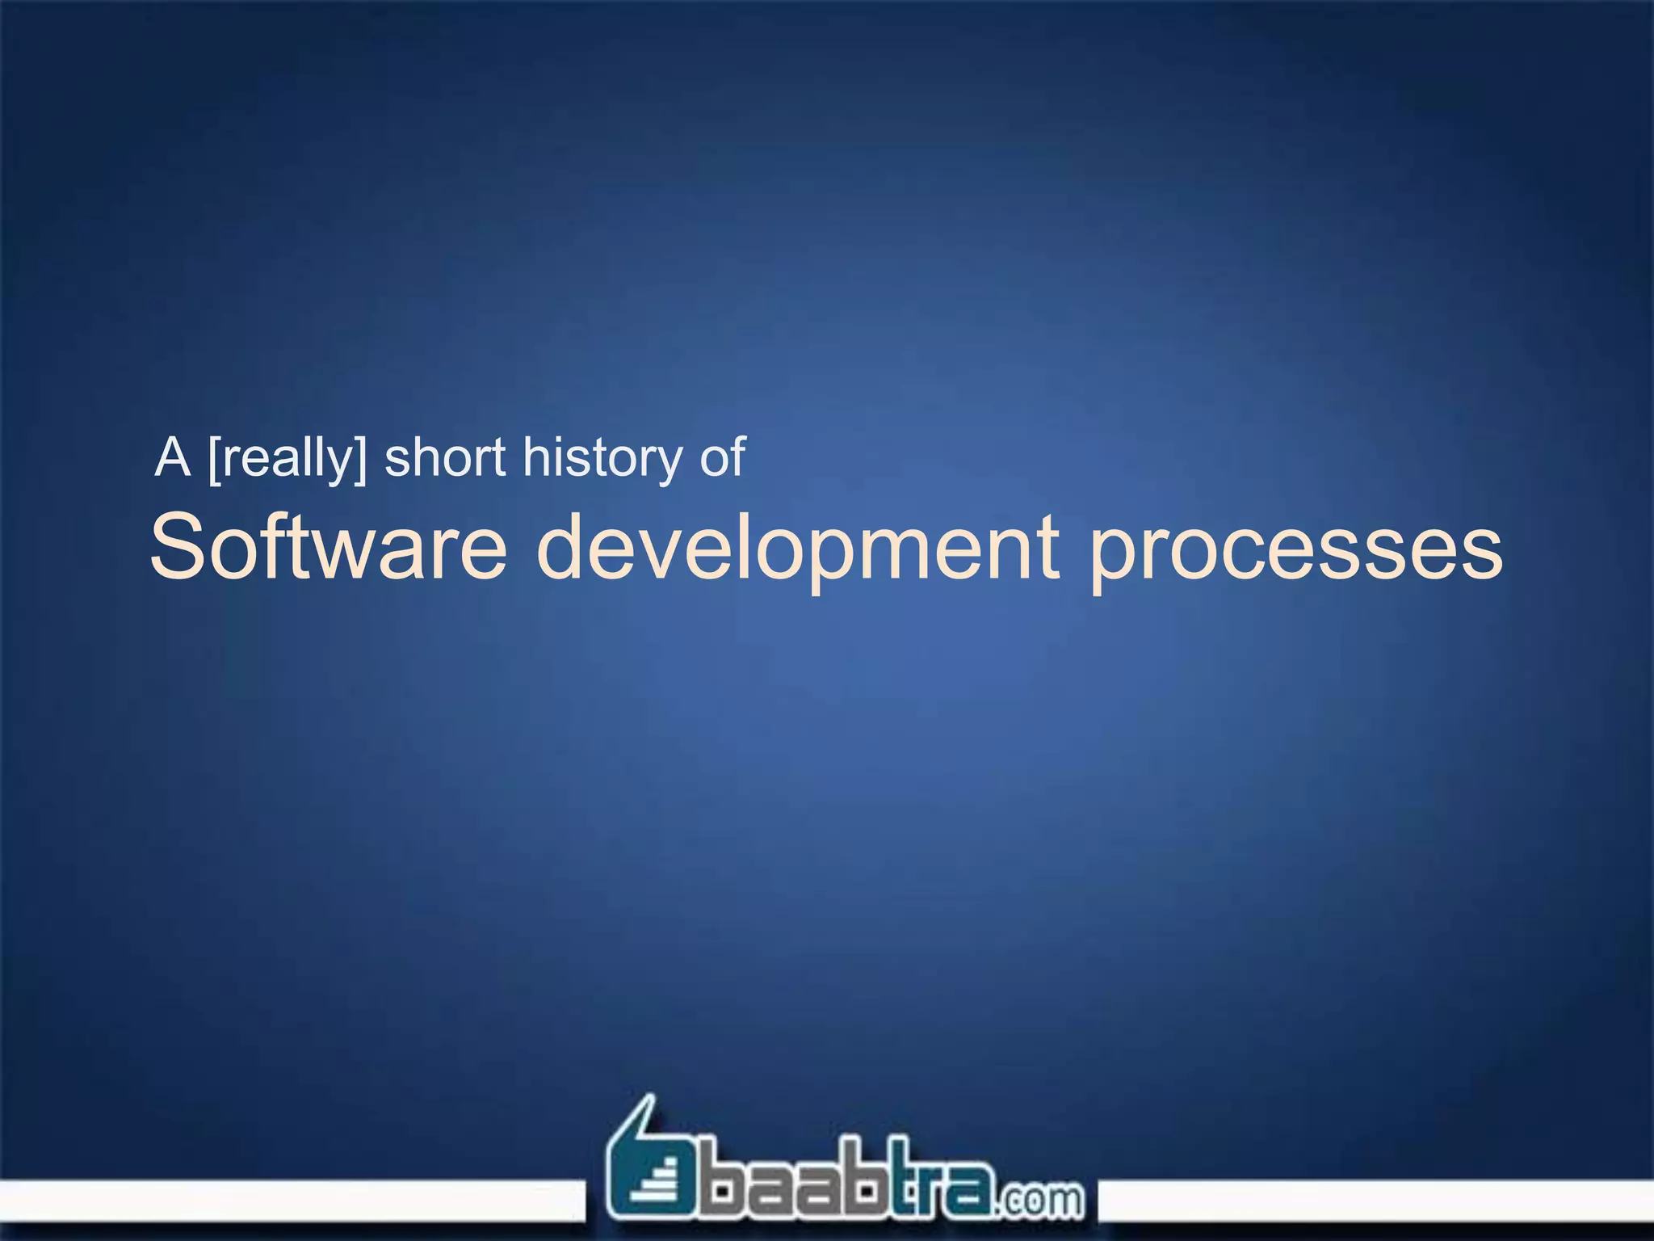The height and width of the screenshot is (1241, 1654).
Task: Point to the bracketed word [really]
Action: [287, 459]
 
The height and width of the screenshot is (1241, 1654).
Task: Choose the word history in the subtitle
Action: [602, 459]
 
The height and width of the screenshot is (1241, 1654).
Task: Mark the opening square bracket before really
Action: [214, 459]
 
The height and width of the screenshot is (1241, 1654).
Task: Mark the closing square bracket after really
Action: [360, 459]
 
